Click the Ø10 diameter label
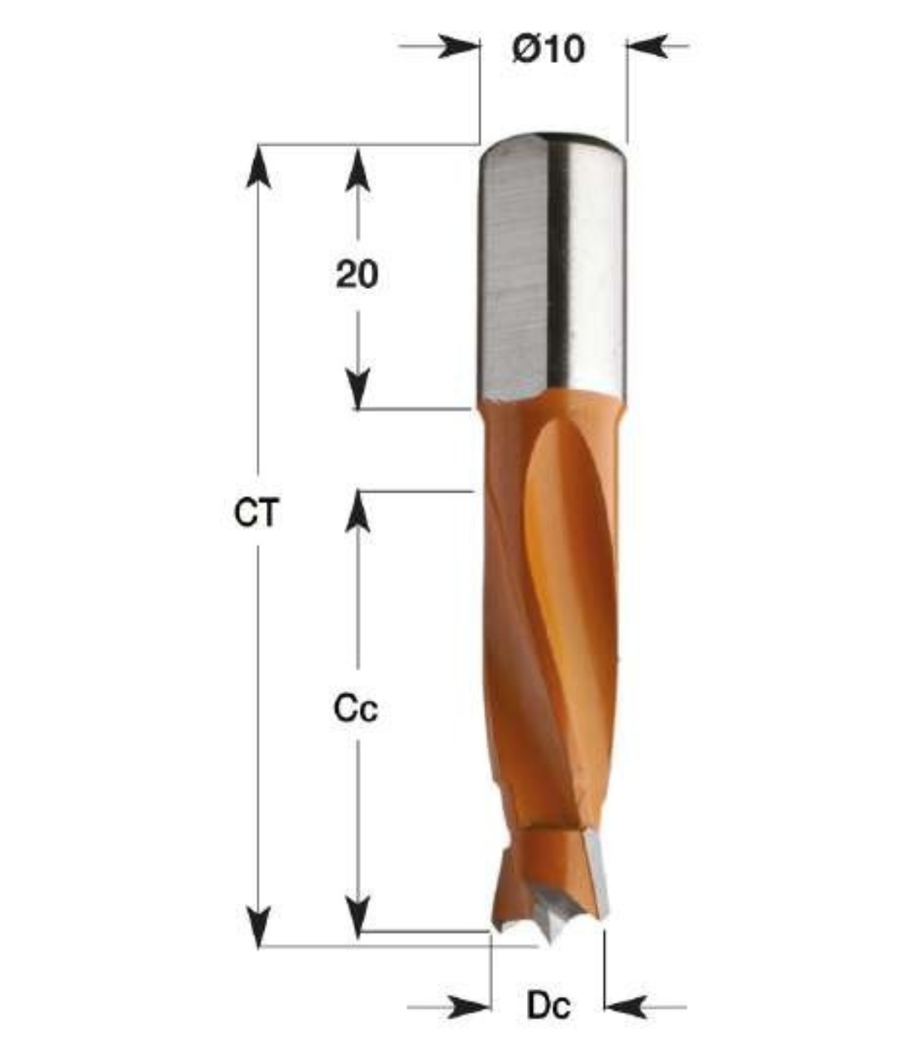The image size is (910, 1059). [x=548, y=49]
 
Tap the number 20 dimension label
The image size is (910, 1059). [x=357, y=274]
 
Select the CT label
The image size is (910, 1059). [x=258, y=514]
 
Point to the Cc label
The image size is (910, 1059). [x=356, y=709]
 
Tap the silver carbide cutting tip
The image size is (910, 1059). [x=596, y=877]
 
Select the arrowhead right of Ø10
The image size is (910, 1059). [x=645, y=46]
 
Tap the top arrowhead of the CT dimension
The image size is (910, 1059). [x=260, y=165]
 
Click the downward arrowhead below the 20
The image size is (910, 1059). [x=357, y=389]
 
